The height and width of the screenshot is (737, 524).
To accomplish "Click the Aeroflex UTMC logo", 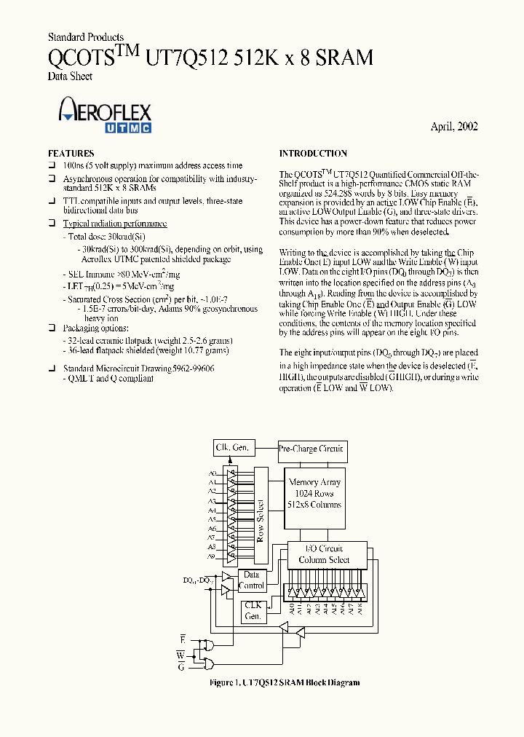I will [x=104, y=117].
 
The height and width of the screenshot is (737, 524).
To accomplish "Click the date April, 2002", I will [x=453, y=126].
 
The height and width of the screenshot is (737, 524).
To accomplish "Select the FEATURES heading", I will [x=71, y=154].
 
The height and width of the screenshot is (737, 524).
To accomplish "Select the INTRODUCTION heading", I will [x=313, y=154].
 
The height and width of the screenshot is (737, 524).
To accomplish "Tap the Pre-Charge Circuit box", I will [x=311, y=449].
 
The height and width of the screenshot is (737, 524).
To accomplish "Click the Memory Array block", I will [x=314, y=493].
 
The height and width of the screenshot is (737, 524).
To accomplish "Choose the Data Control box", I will [x=251, y=580].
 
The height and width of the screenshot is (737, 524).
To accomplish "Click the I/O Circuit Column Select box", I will [x=324, y=554].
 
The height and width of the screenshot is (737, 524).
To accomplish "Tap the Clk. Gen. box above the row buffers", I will [x=231, y=447].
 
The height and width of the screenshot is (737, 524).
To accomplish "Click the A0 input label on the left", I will [x=212, y=473].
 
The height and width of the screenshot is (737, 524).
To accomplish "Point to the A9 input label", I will [x=212, y=556].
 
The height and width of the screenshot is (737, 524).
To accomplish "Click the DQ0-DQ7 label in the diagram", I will [x=197, y=580].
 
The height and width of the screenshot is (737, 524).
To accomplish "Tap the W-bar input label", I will [x=180, y=655].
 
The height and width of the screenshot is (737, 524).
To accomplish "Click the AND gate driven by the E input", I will [x=210, y=645].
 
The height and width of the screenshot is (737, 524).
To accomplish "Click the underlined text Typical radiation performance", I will [x=115, y=224].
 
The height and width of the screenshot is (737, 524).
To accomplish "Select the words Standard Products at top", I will [x=86, y=37].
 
